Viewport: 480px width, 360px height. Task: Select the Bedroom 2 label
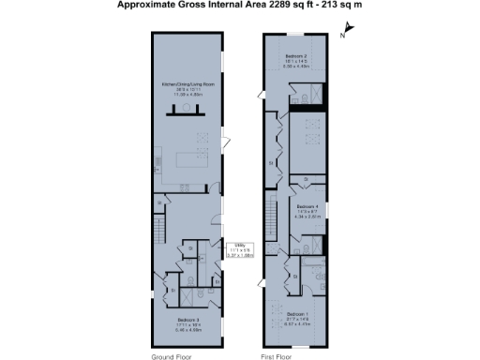pyautogui.click(x=298, y=56)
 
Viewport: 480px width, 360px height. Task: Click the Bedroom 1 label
pyautogui.click(x=298, y=313)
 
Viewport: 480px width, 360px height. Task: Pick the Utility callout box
pyautogui.click(x=242, y=249)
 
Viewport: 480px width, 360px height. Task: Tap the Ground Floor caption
pyautogui.click(x=171, y=355)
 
